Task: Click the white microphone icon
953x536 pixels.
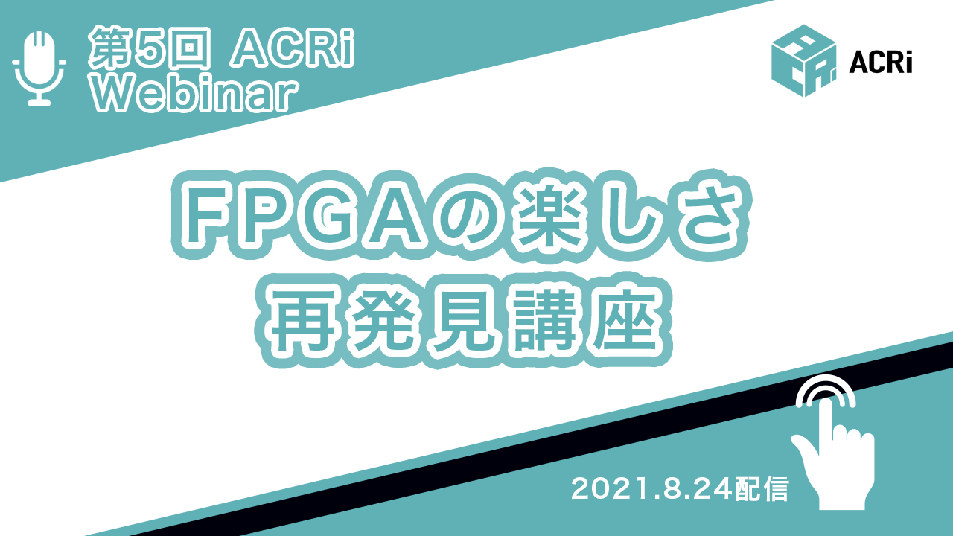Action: pos(39,68)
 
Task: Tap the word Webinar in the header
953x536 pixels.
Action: pos(194,94)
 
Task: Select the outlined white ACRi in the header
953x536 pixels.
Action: pos(292,48)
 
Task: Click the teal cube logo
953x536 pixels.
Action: pos(803,61)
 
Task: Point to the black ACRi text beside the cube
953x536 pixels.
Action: pos(881,64)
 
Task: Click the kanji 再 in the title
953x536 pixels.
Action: pos(303,322)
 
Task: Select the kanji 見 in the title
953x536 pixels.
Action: pos(462,322)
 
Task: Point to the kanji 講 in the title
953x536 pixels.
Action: pos(542,322)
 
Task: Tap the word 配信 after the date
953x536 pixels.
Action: pos(762,489)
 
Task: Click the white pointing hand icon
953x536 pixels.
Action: pos(832,442)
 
